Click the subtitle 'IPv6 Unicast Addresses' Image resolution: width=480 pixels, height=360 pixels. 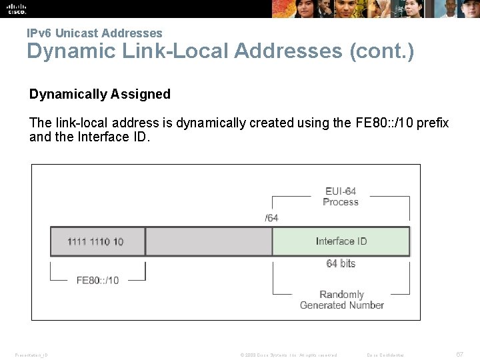point(94,33)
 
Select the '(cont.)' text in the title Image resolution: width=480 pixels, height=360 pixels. point(381,51)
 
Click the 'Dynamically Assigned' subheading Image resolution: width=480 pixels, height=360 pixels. point(100,94)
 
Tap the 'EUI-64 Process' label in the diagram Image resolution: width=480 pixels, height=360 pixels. point(340,197)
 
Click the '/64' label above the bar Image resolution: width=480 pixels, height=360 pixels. point(271,217)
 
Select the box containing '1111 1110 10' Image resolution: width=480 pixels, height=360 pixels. point(97,241)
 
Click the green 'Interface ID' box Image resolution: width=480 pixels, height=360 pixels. point(341,241)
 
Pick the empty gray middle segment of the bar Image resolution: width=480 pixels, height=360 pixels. point(209,241)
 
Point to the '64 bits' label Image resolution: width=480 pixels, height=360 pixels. point(341,263)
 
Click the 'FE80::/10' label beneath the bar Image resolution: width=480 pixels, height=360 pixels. point(97,280)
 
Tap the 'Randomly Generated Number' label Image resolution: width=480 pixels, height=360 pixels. point(341,300)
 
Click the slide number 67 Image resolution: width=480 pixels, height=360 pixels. point(459,355)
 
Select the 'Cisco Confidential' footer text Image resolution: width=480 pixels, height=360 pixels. point(391,355)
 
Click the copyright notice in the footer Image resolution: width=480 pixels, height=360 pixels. point(288,355)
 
